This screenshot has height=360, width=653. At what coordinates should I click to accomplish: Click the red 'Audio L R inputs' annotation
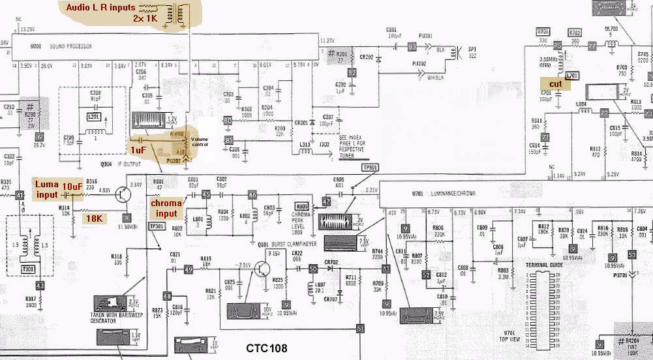pos(100,7)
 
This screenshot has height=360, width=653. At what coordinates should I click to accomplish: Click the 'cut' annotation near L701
pos(555,84)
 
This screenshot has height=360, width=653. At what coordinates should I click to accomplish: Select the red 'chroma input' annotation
pos(166,208)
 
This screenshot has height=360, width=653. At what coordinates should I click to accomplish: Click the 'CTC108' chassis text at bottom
pos(266,348)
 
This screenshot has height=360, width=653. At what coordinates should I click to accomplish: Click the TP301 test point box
pos(157,226)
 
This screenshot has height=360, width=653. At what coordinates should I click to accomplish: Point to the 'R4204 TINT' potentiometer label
pos(632,343)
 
